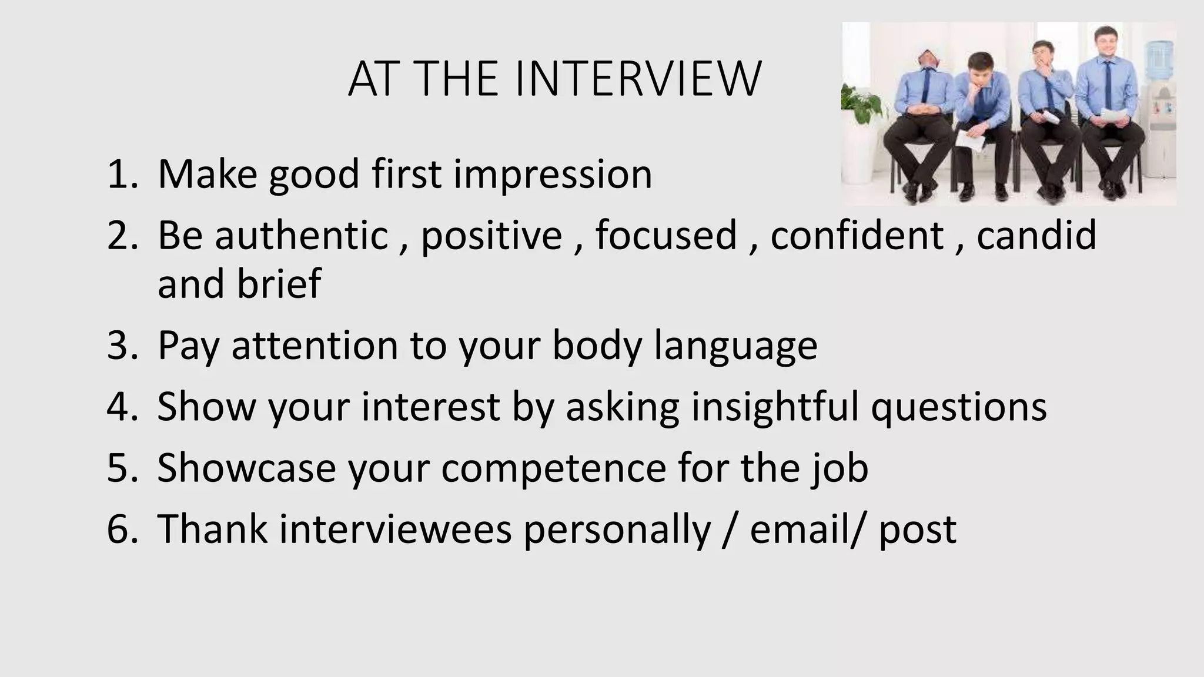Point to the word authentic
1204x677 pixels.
coord(302,235)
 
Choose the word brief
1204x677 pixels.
coord(279,284)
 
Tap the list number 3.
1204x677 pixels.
coord(121,346)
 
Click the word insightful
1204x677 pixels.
coord(775,407)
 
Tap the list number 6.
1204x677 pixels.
coord(121,529)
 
